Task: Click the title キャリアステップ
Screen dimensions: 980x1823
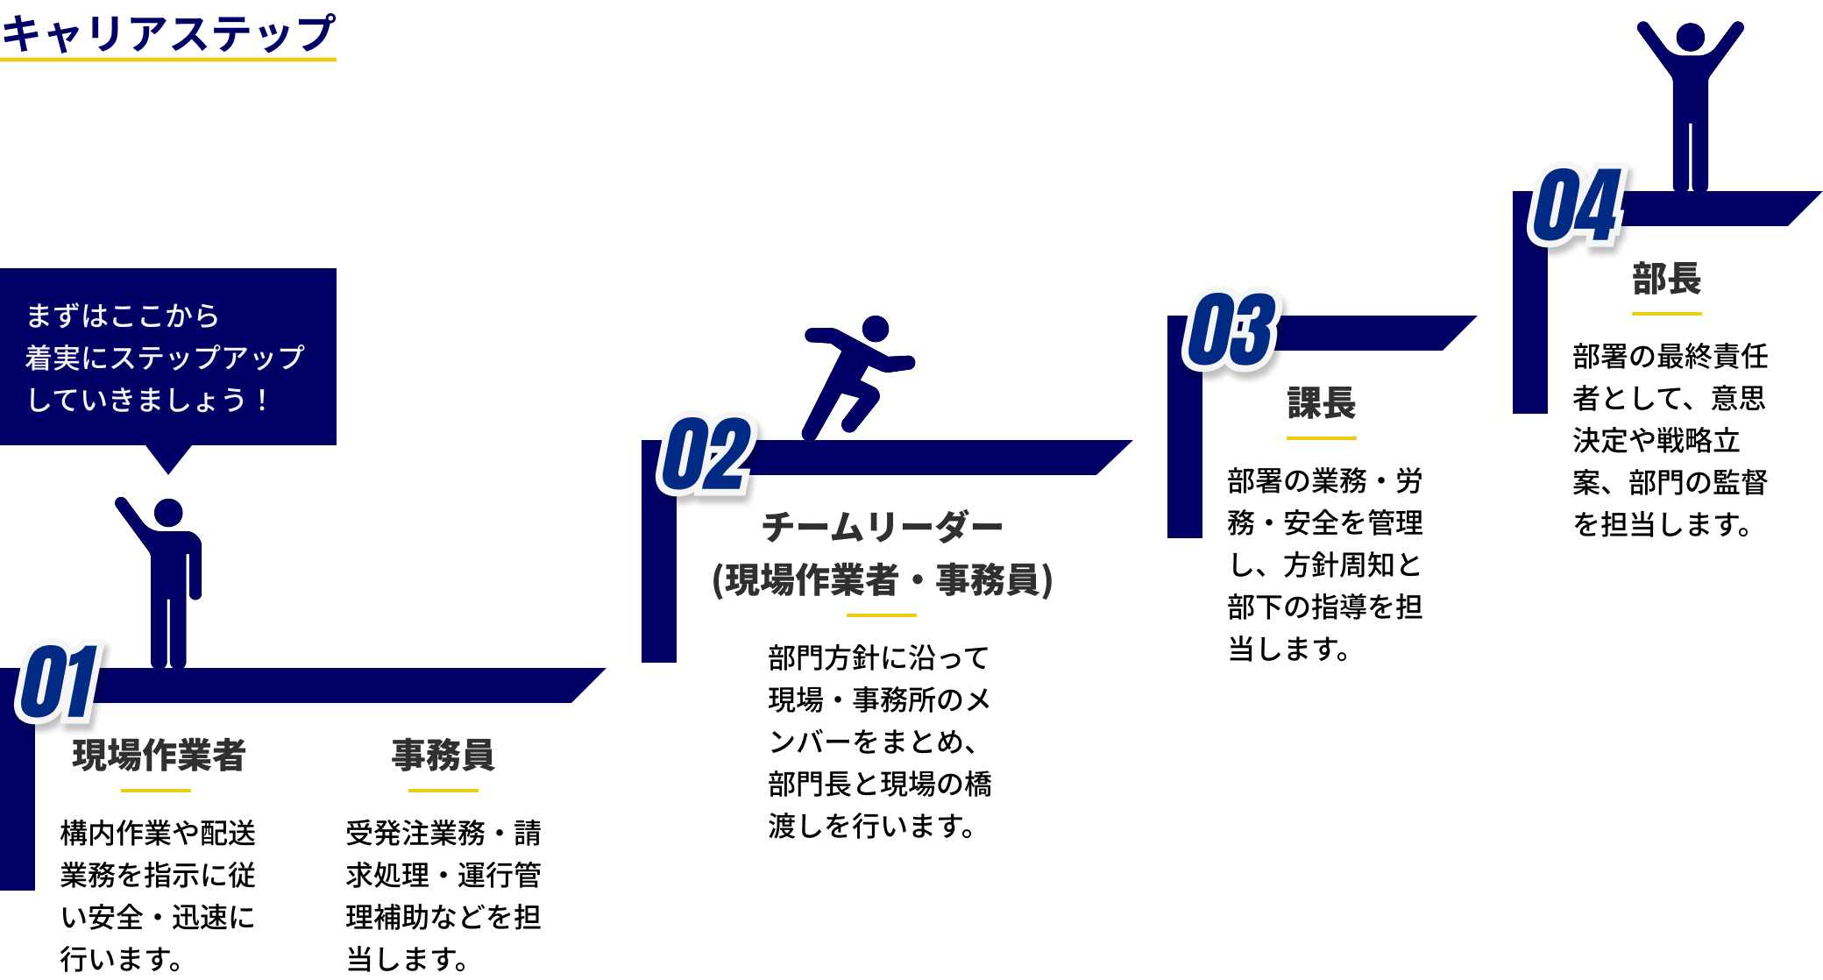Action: pyautogui.click(x=167, y=33)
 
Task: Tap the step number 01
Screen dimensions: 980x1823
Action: pyautogui.click(x=58, y=681)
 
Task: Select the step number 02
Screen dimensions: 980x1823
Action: pyautogui.click(x=706, y=453)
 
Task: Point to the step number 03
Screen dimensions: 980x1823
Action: pyautogui.click(x=1231, y=329)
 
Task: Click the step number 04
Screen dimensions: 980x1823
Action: pyautogui.click(x=1577, y=204)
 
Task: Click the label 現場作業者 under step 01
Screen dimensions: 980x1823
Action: pyautogui.click(x=159, y=755)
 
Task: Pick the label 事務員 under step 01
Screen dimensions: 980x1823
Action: pyautogui.click(x=443, y=755)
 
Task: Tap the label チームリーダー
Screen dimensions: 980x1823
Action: pyautogui.click(x=882, y=528)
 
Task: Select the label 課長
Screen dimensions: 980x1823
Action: pyautogui.click(x=1322, y=403)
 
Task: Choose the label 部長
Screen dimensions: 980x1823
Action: pyautogui.click(x=1666, y=279)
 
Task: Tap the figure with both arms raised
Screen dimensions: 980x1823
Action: pyautogui.click(x=1690, y=96)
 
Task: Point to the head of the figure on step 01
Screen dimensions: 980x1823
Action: pyautogui.click(x=168, y=513)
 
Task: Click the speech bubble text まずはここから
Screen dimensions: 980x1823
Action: pyautogui.click(x=123, y=316)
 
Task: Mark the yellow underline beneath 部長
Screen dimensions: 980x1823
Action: pyautogui.click(x=1666, y=313)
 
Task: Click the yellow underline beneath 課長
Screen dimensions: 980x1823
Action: pyautogui.click(x=1322, y=437)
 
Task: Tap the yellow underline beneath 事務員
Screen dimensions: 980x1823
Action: pyautogui.click(x=443, y=790)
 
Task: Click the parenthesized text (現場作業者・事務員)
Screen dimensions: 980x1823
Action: pyautogui.click(x=882, y=579)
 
